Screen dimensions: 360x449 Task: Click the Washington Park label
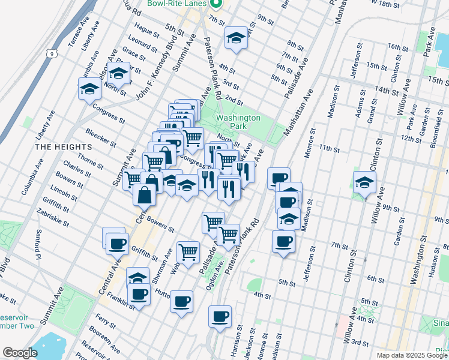(238, 122)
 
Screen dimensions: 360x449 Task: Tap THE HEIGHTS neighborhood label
(63, 146)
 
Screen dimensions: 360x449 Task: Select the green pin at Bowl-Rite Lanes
(217, 3)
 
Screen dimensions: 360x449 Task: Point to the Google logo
(20, 352)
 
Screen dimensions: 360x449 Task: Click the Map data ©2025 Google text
(411, 355)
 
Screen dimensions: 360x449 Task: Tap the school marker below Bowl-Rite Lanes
(237, 38)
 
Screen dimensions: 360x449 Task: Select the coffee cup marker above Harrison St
(220, 316)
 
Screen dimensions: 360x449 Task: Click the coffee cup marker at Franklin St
(139, 295)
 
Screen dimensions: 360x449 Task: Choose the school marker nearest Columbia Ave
(90, 89)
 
